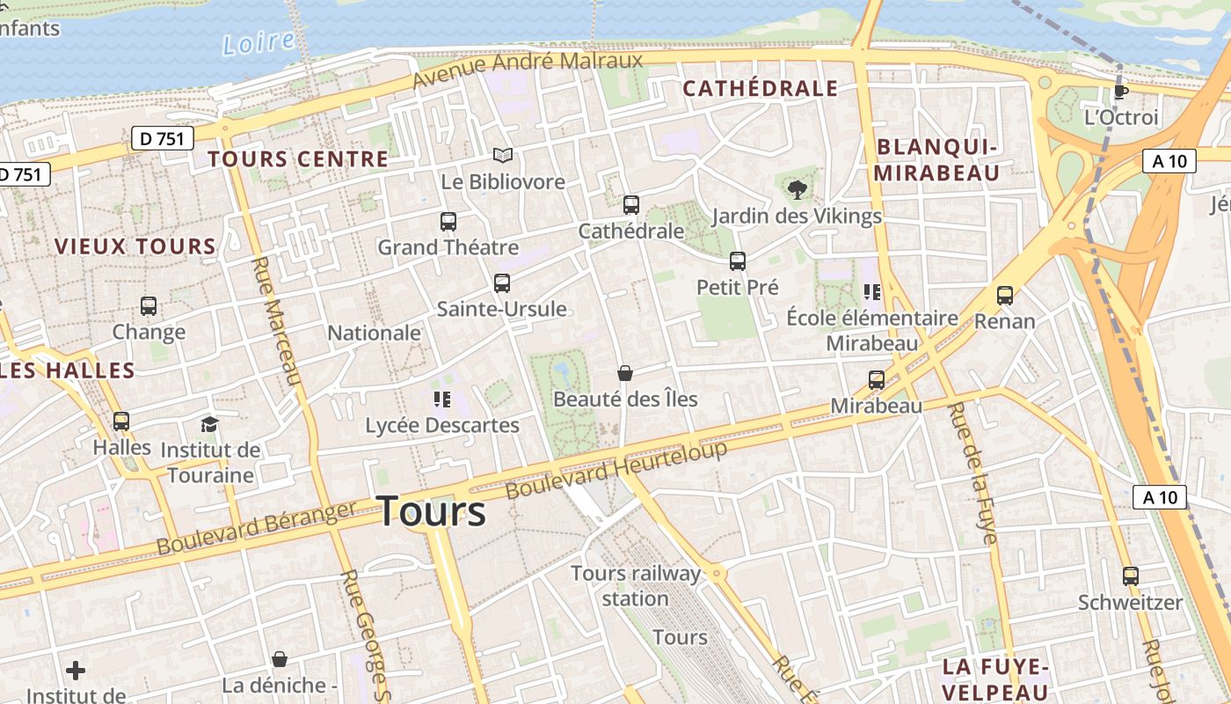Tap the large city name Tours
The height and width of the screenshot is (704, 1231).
pos(431,511)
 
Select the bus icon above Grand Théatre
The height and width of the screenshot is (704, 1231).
pos(448,222)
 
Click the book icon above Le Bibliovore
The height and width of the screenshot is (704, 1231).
pos(502,156)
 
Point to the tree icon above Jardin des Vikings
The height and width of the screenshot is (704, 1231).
pos(797,189)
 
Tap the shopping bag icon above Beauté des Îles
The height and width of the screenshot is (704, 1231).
pos(624,373)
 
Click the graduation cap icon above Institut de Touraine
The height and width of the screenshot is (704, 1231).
pos(209,424)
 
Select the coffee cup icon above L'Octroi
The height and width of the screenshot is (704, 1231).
pos(1120,91)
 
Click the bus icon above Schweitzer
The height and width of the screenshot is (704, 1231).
pos(1131,576)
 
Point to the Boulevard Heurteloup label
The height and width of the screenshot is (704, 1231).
pos(617,468)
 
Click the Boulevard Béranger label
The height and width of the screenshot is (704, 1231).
pos(257,527)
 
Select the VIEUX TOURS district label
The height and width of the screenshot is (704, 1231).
pos(135,246)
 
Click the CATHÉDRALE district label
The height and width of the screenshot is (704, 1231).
pos(760,89)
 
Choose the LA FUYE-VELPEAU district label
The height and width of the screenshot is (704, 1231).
pos(996,678)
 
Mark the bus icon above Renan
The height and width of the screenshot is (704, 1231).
pos(1005,296)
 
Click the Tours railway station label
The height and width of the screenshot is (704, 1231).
pos(636,586)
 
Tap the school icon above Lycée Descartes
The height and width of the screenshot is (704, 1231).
pos(442,400)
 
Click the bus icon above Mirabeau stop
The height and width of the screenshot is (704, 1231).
pos(877,380)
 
